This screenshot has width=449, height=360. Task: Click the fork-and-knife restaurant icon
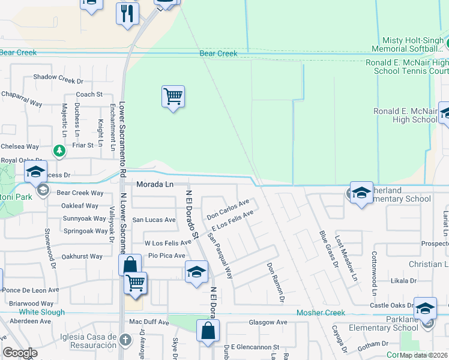(127, 13)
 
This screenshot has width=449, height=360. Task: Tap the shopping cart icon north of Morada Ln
(173, 96)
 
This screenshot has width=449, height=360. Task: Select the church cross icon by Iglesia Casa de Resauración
(125, 340)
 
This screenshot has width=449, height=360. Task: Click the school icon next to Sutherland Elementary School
(361, 193)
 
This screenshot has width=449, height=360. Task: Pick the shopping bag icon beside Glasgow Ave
(208, 331)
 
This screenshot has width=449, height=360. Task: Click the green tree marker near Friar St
(59, 151)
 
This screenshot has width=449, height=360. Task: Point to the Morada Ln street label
(154, 184)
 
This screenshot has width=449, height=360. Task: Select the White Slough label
(41, 313)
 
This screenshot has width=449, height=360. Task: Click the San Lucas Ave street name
(154, 220)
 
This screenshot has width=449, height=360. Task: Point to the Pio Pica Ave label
(166, 256)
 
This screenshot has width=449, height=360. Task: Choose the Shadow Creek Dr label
(58, 77)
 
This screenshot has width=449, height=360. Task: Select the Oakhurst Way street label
(82, 256)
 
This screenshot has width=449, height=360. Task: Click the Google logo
(20, 353)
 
